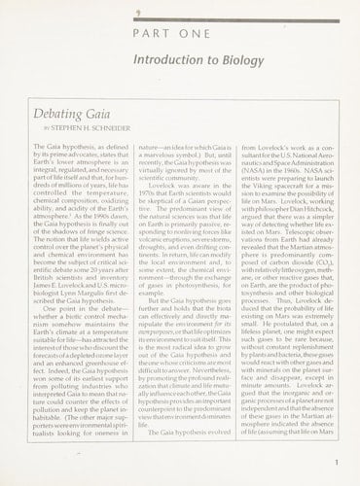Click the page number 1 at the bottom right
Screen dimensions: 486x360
pos(335,464)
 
